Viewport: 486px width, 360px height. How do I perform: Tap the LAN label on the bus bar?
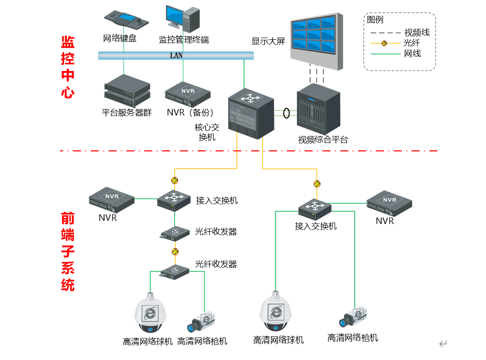[x=176, y=55]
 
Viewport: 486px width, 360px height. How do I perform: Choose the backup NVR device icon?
[x=188, y=93]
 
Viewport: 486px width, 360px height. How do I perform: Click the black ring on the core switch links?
[x=287, y=112]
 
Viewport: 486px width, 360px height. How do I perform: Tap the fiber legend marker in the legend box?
[x=385, y=44]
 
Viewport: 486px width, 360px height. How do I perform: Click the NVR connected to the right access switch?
[x=389, y=202]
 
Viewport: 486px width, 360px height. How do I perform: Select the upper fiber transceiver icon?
[x=175, y=232]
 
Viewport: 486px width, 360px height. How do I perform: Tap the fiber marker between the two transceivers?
[x=175, y=251]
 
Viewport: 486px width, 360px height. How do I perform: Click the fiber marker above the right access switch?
[x=317, y=184]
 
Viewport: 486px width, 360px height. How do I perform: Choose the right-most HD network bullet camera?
[x=353, y=316]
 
